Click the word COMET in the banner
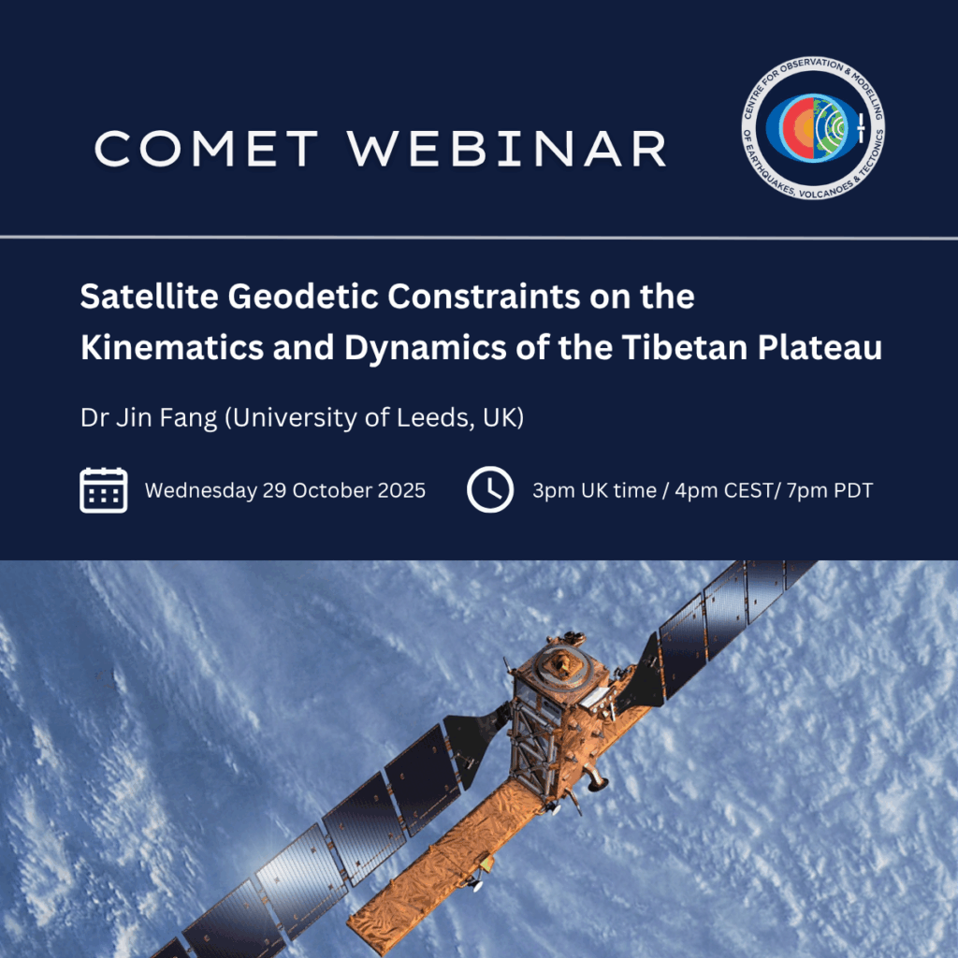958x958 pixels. point(207,149)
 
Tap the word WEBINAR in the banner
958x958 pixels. point(507,149)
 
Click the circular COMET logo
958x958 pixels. point(813,128)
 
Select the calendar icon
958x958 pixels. point(103,490)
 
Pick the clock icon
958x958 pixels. point(490,490)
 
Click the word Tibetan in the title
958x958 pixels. point(685,348)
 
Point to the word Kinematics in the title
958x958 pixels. point(172,348)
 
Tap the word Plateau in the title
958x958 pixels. point(820,348)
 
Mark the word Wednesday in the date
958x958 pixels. point(201,490)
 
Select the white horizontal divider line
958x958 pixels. point(479,237)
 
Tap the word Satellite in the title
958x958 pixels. point(149,297)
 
